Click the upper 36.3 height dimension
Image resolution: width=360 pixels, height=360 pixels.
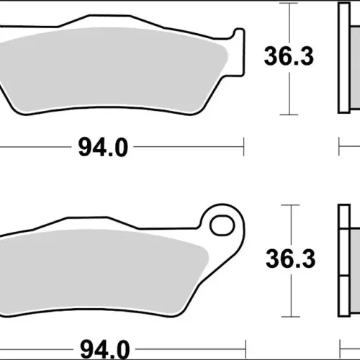pos(289,57)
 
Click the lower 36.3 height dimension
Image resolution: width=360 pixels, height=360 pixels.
pos(290,258)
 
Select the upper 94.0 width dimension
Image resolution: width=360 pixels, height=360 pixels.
pos(103,148)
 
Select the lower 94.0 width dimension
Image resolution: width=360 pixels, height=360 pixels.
pos(104,350)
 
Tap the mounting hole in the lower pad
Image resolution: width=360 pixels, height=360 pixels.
pos(222,225)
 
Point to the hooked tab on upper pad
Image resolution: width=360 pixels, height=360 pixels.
pos(239,52)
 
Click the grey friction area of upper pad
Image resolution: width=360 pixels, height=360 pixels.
pos(113,70)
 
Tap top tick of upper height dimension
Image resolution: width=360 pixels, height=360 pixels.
pos(289,3)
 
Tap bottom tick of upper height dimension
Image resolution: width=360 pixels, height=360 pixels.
pos(289,114)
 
